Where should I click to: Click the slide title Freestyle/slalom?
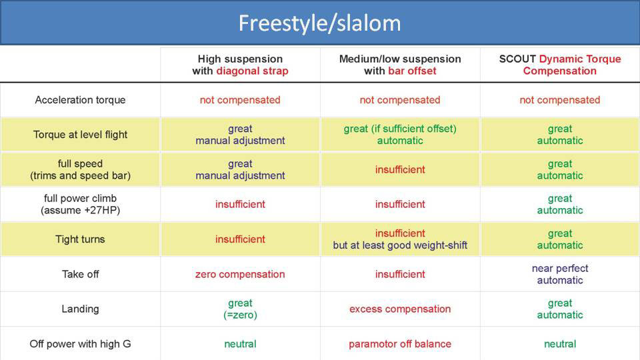(x=319, y=23)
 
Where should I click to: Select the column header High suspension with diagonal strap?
(x=240, y=65)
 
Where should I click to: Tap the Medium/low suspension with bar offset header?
(x=400, y=65)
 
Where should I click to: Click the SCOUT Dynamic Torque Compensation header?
(x=560, y=65)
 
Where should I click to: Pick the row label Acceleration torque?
(x=80, y=100)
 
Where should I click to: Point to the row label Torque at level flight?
(x=80, y=135)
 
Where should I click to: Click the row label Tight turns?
(x=80, y=239)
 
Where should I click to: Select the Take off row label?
(x=80, y=274)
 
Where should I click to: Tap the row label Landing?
(x=80, y=309)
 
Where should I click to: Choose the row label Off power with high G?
(x=80, y=344)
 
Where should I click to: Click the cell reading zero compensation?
(x=240, y=274)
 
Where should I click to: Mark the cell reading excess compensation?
(x=400, y=309)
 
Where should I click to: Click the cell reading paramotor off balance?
(x=400, y=344)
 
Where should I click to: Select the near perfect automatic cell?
(x=560, y=274)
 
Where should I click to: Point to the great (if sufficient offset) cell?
(x=400, y=135)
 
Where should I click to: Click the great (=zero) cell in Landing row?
(x=240, y=309)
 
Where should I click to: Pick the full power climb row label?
(x=80, y=204)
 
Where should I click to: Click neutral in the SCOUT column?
(x=560, y=344)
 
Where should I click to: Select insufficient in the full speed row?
(x=400, y=170)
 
